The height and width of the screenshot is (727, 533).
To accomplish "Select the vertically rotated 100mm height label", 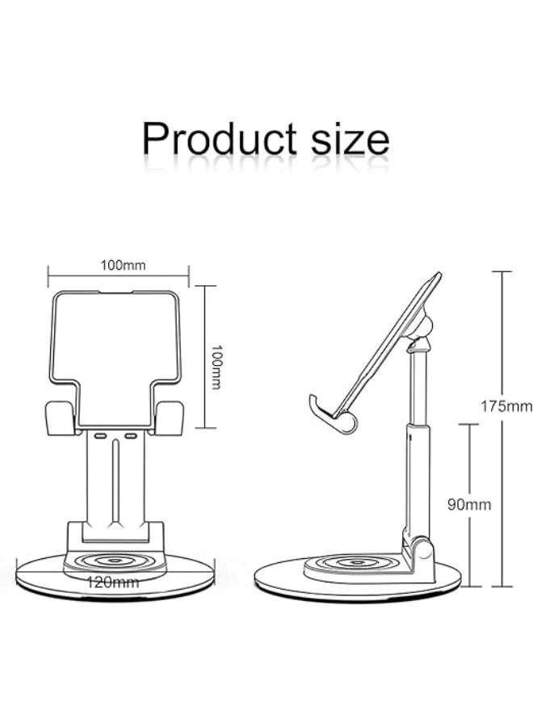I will tap(216, 367).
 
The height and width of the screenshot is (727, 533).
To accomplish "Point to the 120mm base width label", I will tap(114, 580).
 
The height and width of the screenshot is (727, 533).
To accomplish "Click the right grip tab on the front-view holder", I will tap(170, 418).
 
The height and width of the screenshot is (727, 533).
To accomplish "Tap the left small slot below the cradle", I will tap(100, 435).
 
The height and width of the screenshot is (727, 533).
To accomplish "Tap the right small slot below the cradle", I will tap(130, 435).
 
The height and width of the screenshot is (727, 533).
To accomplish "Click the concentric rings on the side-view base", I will tap(352, 563).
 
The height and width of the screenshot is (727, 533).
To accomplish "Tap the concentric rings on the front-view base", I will tap(115, 560).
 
